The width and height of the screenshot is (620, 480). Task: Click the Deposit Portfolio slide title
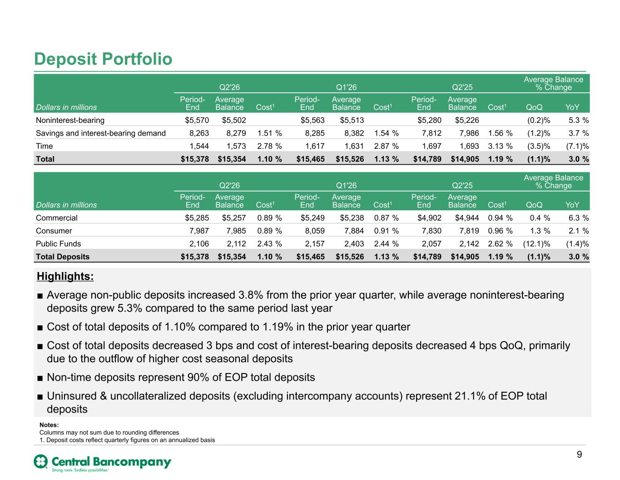(x=103, y=59)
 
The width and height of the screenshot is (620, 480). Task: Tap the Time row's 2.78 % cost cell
(x=269, y=147)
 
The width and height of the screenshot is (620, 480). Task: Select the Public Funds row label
(x=58, y=244)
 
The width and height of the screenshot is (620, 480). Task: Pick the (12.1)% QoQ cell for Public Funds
(x=536, y=244)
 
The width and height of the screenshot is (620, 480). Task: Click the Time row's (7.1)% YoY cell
(x=577, y=147)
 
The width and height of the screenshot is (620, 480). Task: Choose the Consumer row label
(x=54, y=231)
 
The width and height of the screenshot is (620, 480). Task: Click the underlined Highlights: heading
(x=65, y=276)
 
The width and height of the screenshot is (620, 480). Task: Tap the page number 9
(x=579, y=455)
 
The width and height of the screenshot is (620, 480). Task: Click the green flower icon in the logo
(x=40, y=461)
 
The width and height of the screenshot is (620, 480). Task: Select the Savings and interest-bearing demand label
(x=101, y=133)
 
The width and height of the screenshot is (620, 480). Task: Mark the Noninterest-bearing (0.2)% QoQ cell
(x=538, y=120)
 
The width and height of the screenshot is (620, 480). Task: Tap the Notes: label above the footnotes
(x=49, y=425)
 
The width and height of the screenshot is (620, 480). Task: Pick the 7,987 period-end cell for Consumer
(x=199, y=231)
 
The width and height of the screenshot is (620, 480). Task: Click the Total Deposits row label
(x=63, y=257)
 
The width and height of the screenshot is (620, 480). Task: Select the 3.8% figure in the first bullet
(x=251, y=295)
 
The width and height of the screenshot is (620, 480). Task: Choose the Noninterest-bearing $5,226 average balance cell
(x=467, y=120)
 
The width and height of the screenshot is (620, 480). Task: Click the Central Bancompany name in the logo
(x=111, y=462)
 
